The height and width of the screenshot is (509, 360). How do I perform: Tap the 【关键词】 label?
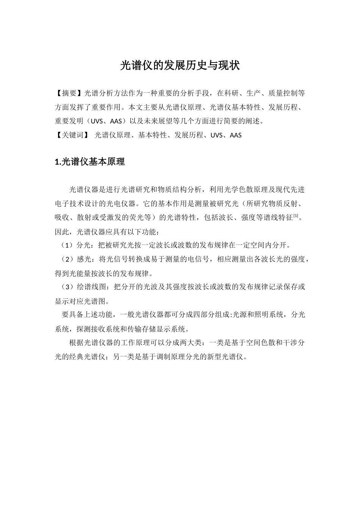tap(72, 135)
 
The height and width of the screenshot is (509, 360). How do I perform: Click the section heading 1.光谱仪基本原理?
tap(90, 162)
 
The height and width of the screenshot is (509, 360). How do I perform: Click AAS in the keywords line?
tap(235, 135)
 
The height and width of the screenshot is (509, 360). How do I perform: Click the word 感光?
tap(83, 259)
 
